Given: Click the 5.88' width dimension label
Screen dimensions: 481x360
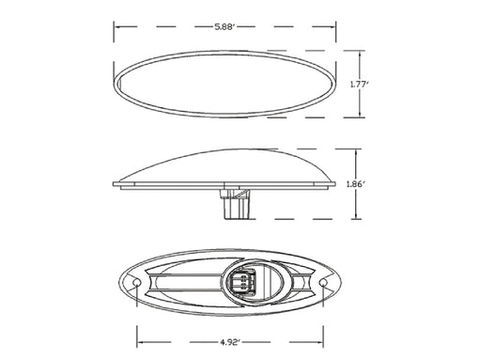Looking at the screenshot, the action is pos(225,27).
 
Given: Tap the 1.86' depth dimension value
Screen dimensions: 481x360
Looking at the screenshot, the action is pos(356,184).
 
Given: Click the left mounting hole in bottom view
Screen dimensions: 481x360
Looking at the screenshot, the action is pos(136,283).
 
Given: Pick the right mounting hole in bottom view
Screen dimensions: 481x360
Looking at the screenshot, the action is pos(323,283).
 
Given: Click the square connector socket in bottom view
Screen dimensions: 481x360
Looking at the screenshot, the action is pos(242,281).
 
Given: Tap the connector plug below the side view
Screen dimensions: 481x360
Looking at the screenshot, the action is pos(237,204).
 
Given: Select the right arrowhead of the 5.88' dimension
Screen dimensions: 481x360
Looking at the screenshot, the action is pos(332,27).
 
